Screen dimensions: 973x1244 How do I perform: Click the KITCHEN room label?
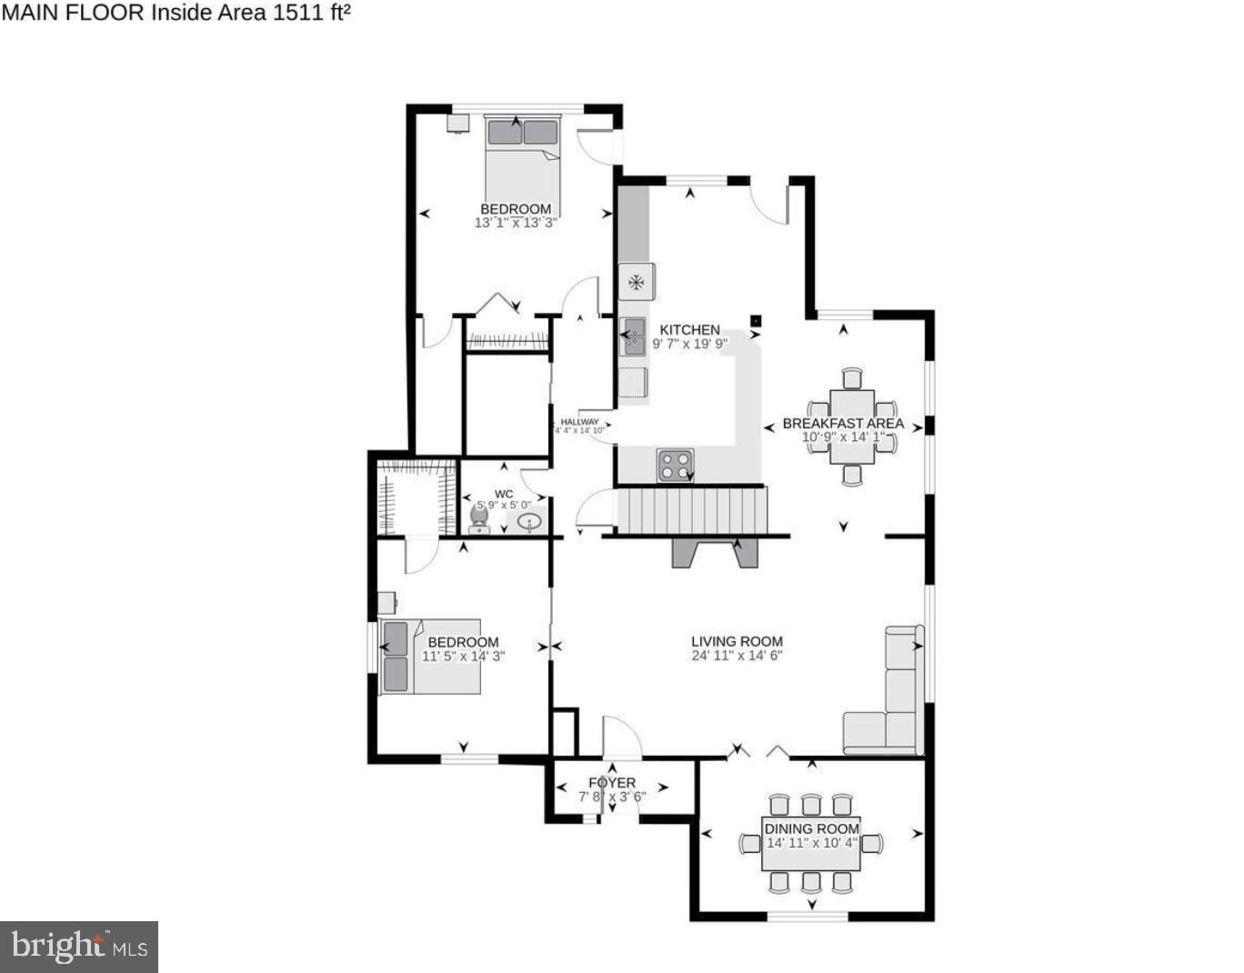pos(689,330)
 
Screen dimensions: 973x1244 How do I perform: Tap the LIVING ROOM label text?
pos(737,641)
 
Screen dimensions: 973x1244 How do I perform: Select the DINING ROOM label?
pos(811,828)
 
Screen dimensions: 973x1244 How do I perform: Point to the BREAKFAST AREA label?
pos(843,423)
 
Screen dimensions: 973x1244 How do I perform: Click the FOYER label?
pos(612,782)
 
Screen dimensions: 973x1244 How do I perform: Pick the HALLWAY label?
pos(579,422)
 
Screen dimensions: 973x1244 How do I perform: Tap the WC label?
pos(504,494)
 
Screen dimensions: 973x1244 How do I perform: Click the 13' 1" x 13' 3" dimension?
pos(516,222)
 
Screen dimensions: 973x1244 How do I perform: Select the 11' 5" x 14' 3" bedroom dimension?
pos(463,656)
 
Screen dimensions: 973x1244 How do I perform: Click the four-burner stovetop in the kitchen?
pos(675,466)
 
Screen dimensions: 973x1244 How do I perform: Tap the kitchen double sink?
pos(633,336)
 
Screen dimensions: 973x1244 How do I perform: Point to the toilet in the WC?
pos(478,519)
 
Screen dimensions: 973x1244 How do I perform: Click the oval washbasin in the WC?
pos(529,522)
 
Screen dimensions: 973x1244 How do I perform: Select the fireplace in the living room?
pos(714,552)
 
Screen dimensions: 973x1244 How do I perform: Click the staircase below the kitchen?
pos(692,512)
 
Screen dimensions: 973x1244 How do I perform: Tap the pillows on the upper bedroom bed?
pos(522,133)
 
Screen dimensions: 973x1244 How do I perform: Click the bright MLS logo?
pos(79,947)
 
